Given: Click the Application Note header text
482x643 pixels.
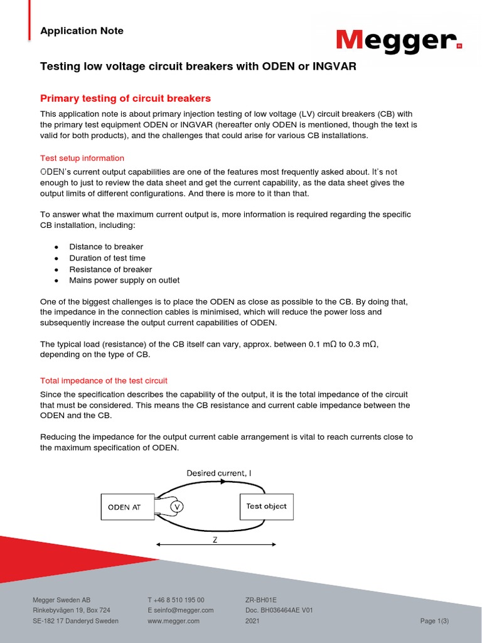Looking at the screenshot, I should [x=82, y=31].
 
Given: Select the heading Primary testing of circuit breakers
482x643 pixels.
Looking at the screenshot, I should [x=126, y=99].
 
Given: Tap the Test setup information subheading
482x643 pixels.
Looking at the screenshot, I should [x=82, y=158].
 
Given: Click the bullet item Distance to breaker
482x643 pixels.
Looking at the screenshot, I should [x=106, y=247].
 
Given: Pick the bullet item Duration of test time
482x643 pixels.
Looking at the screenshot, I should [x=107, y=258].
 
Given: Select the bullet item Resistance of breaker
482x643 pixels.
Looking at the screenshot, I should [x=110, y=269].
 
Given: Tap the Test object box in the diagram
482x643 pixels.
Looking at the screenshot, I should [x=266, y=506].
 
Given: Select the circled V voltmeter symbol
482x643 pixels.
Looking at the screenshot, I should [x=177, y=507].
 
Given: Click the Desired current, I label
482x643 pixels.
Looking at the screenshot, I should [x=219, y=473].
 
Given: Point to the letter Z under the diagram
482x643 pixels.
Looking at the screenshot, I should [x=214, y=539].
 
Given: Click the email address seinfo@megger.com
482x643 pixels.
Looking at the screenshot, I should [x=181, y=610].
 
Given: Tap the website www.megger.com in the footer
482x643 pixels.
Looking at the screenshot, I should [x=173, y=621].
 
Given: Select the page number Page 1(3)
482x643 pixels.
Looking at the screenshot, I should [x=434, y=621].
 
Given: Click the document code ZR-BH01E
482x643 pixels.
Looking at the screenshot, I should [x=261, y=600].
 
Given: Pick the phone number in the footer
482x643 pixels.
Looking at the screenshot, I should [x=176, y=600].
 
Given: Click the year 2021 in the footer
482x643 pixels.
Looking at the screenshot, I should [x=252, y=621].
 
